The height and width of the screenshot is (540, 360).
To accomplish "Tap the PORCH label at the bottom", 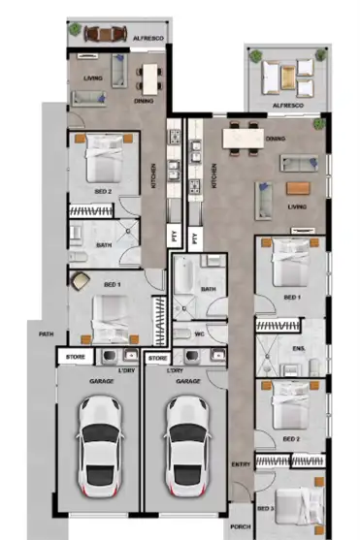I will pos(240,529).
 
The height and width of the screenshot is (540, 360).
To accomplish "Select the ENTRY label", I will pos(241,465).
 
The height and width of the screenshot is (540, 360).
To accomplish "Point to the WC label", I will pos(199,336).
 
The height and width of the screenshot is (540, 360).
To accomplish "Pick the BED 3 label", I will pos(266,508).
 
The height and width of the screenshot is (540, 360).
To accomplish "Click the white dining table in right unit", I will pos(246,139).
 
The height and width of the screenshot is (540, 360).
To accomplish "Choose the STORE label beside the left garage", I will pos(75,358).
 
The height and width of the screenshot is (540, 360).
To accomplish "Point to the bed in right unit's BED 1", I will pos(290,262).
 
